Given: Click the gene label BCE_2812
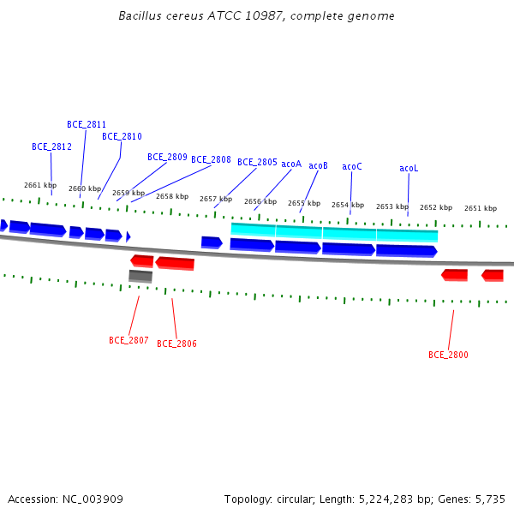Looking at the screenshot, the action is click(51, 146).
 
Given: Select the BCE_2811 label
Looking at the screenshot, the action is click(87, 124).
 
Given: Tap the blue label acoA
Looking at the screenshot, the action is click(291, 164).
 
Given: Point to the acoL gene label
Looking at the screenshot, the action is click(409, 168).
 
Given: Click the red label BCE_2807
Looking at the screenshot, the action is click(128, 340).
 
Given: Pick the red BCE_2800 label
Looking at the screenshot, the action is click(448, 355).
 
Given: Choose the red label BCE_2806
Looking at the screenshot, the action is click(176, 344).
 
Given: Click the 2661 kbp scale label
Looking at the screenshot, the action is click(40, 185).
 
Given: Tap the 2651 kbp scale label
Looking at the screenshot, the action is click(481, 208).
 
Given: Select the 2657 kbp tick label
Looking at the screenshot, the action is click(216, 199).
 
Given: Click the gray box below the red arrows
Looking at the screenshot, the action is click(140, 276).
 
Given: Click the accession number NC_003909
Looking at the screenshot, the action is click(93, 499).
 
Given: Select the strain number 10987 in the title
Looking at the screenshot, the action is click(265, 15).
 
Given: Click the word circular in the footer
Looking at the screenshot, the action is click(296, 499).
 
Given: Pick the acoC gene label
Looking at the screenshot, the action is click(352, 166).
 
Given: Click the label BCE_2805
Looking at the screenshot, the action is click(257, 162).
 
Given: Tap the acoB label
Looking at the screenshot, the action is click(319, 165).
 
